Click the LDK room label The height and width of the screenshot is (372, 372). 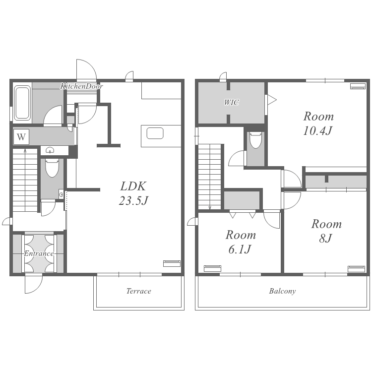coord(133,186)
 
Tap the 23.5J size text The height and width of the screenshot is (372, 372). coord(133,201)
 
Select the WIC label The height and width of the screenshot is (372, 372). coord(232,103)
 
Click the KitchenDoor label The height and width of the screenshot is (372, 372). coord(81,86)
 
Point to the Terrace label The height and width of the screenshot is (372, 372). coord(139,291)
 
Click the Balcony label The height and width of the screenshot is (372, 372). coord(282,291)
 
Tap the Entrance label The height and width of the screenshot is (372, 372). coord(39,253)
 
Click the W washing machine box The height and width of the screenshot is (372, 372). coord(21,137)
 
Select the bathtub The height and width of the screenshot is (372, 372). coord(22,103)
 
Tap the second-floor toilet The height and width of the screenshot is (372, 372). coord(256,140)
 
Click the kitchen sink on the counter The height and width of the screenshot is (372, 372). coord(155,133)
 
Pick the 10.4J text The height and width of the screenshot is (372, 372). coord(318,131)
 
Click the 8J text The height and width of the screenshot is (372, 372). coord(325,239)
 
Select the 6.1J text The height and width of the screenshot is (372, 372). coord(240,249)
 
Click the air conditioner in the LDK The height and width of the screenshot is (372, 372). coord(172,263)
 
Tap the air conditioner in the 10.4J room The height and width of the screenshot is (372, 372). coord(358,86)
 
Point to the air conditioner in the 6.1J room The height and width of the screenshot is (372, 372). coord(213,268)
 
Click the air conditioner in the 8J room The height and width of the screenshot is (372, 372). coord(356,269)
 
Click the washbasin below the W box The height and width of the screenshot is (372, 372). coord(50,150)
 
